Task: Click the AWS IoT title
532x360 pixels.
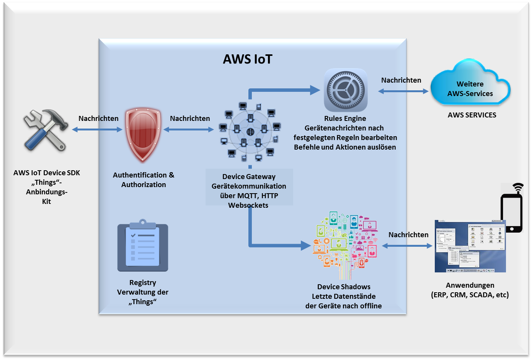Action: (x=248, y=59)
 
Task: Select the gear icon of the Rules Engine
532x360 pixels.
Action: (x=346, y=90)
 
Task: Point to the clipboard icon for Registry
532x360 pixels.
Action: (x=143, y=246)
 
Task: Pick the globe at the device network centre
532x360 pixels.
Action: (x=250, y=132)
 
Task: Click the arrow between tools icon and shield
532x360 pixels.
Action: (x=97, y=130)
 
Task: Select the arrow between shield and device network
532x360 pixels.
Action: (x=188, y=130)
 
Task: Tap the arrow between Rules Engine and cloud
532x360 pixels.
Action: (x=403, y=91)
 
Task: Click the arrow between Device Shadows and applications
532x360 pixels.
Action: (x=407, y=246)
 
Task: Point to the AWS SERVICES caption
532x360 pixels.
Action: (x=472, y=115)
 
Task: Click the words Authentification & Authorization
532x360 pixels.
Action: (x=144, y=180)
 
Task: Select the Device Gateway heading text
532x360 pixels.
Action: (x=249, y=177)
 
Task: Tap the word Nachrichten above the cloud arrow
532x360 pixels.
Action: (x=401, y=80)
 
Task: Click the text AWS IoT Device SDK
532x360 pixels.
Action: (x=47, y=173)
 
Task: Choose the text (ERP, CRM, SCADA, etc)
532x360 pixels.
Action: (x=470, y=295)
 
